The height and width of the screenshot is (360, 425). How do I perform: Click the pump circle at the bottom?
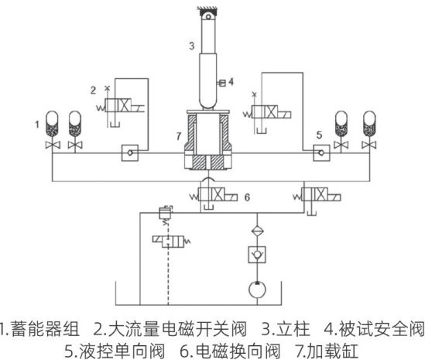(257, 290)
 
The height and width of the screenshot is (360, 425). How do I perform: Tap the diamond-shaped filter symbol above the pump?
(257, 231)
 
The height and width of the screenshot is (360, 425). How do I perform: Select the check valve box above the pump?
(257, 255)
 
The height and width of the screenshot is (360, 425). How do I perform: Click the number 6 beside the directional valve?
(247, 197)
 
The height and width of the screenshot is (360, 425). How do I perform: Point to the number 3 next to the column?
(192, 46)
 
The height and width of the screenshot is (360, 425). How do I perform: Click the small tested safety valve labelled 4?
(221, 83)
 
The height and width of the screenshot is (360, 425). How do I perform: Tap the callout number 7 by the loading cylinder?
(178, 135)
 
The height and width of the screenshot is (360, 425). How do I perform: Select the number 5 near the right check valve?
(319, 135)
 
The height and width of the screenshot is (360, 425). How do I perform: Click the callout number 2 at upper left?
(93, 90)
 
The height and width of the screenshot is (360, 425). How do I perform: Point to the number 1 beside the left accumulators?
(37, 125)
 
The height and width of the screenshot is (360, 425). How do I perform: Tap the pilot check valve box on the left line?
(130, 153)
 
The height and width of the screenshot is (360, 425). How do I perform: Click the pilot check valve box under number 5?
(321, 153)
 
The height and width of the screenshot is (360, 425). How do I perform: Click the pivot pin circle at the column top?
(208, 16)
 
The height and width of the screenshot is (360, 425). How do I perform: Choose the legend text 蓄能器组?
(46, 329)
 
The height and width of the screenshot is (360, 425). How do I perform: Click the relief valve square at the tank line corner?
(166, 213)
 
